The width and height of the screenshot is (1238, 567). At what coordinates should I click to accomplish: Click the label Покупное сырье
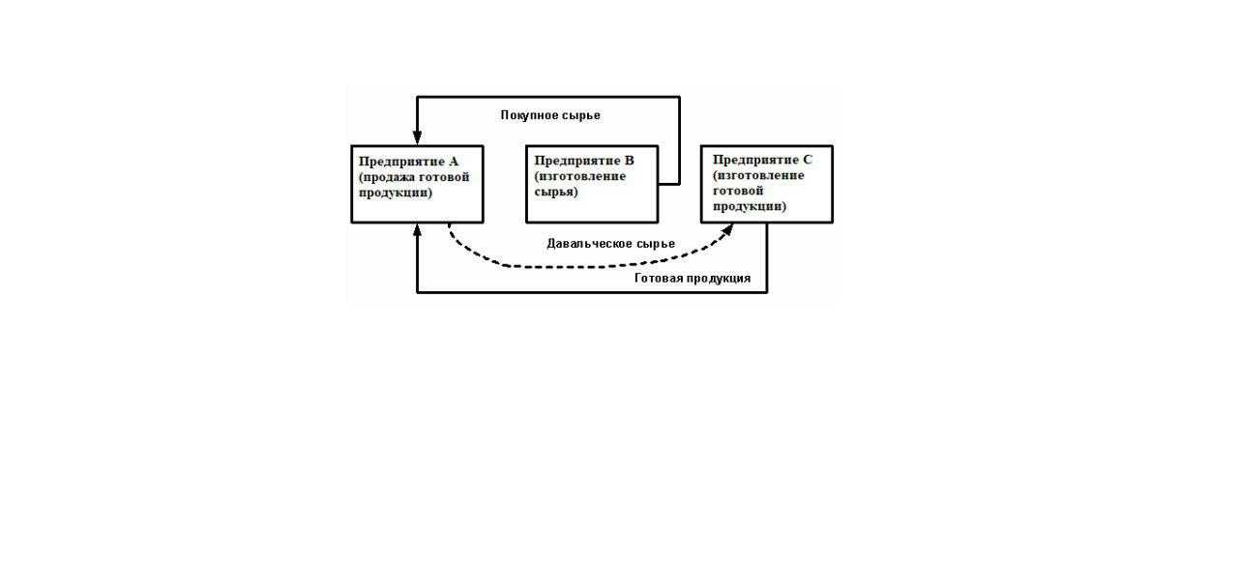tap(550, 115)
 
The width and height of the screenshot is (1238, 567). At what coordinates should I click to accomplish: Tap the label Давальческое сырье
tap(610, 244)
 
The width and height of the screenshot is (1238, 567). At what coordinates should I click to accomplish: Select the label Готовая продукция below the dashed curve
tap(693, 279)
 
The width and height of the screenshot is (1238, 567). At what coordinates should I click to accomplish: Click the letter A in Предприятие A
tap(453, 162)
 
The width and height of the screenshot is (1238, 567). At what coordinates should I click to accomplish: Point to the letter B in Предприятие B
tap(629, 161)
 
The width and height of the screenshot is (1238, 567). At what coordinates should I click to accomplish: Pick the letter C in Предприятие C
tap(808, 159)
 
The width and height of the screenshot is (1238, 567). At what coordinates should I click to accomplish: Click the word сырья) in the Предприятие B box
tap(556, 192)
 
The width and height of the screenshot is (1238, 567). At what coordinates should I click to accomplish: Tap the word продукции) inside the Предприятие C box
tap(750, 206)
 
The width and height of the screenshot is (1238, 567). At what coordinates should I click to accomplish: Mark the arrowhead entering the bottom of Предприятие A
tap(417, 230)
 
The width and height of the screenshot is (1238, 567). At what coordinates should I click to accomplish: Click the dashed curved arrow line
tap(580, 266)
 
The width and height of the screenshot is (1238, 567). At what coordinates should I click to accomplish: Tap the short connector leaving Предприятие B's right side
tap(668, 183)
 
